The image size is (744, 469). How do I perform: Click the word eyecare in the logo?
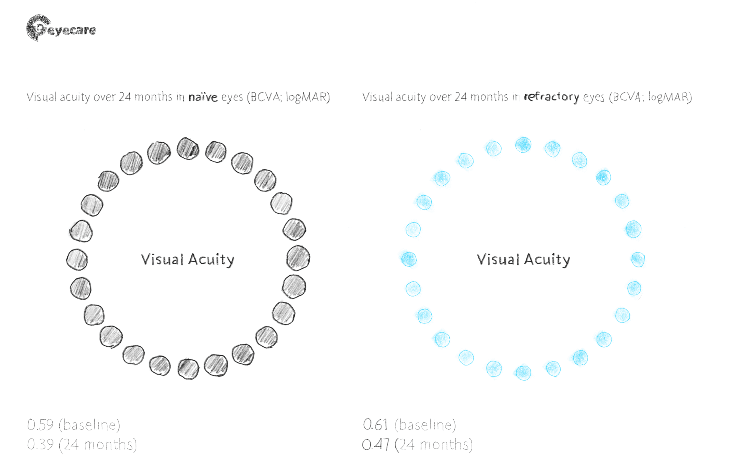coord(71,30)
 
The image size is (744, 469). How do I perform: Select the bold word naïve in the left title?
coord(203,97)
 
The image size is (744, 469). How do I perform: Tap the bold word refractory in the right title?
coord(551,97)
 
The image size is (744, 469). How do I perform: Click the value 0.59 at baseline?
coord(40,425)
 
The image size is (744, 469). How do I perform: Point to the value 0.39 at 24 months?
coord(40,444)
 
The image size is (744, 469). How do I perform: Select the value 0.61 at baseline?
coord(375,425)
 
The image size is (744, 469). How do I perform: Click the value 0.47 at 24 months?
coord(375,444)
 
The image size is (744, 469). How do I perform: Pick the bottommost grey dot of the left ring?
coord(188,369)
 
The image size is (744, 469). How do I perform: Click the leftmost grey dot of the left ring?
coord(77,260)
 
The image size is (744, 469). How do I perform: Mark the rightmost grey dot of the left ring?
coord(298,258)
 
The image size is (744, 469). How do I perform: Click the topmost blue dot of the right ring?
coord(523,145)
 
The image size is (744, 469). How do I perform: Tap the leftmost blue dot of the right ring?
coord(409,259)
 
